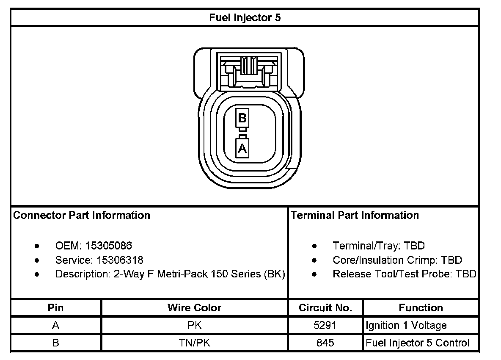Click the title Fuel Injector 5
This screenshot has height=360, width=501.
click(245, 17)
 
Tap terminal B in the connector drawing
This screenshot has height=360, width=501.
click(242, 118)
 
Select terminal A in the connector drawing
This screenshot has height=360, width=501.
click(242, 148)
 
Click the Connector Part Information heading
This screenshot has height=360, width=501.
click(82, 215)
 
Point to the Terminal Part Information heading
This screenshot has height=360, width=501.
click(355, 215)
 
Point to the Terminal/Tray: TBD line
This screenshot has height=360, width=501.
click(379, 246)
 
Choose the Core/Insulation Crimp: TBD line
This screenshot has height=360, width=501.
click(397, 260)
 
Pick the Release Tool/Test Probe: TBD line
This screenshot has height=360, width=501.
click(405, 274)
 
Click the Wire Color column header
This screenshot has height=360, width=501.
click(194, 308)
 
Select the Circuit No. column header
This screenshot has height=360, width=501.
click(325, 308)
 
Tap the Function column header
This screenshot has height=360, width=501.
click(421, 308)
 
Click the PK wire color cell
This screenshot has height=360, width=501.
click(194, 325)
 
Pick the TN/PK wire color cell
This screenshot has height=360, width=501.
click(194, 343)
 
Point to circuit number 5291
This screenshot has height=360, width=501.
click(325, 325)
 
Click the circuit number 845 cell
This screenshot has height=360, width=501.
click(325, 343)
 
